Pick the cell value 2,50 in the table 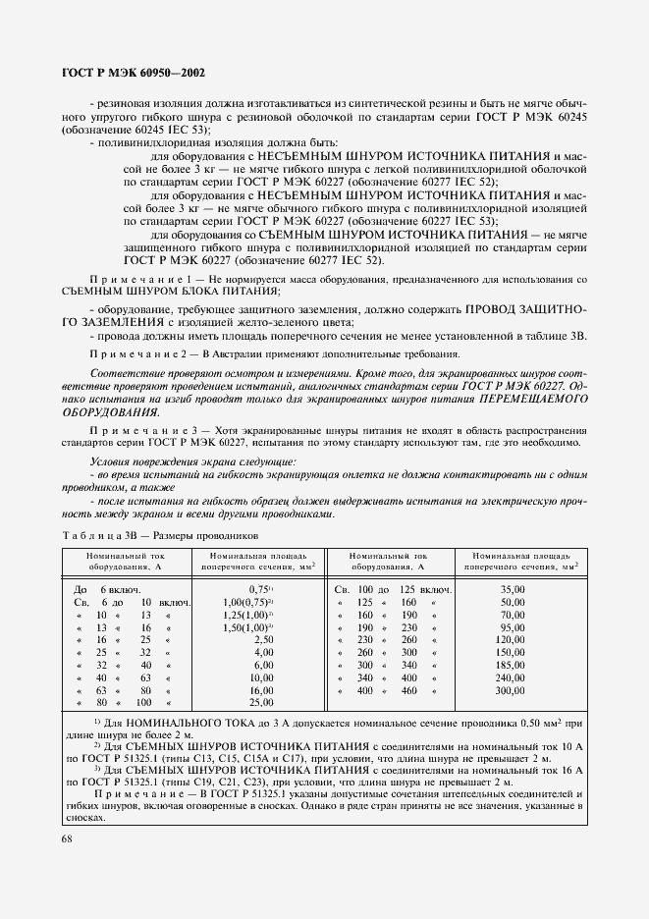263,639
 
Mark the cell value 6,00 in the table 263,665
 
